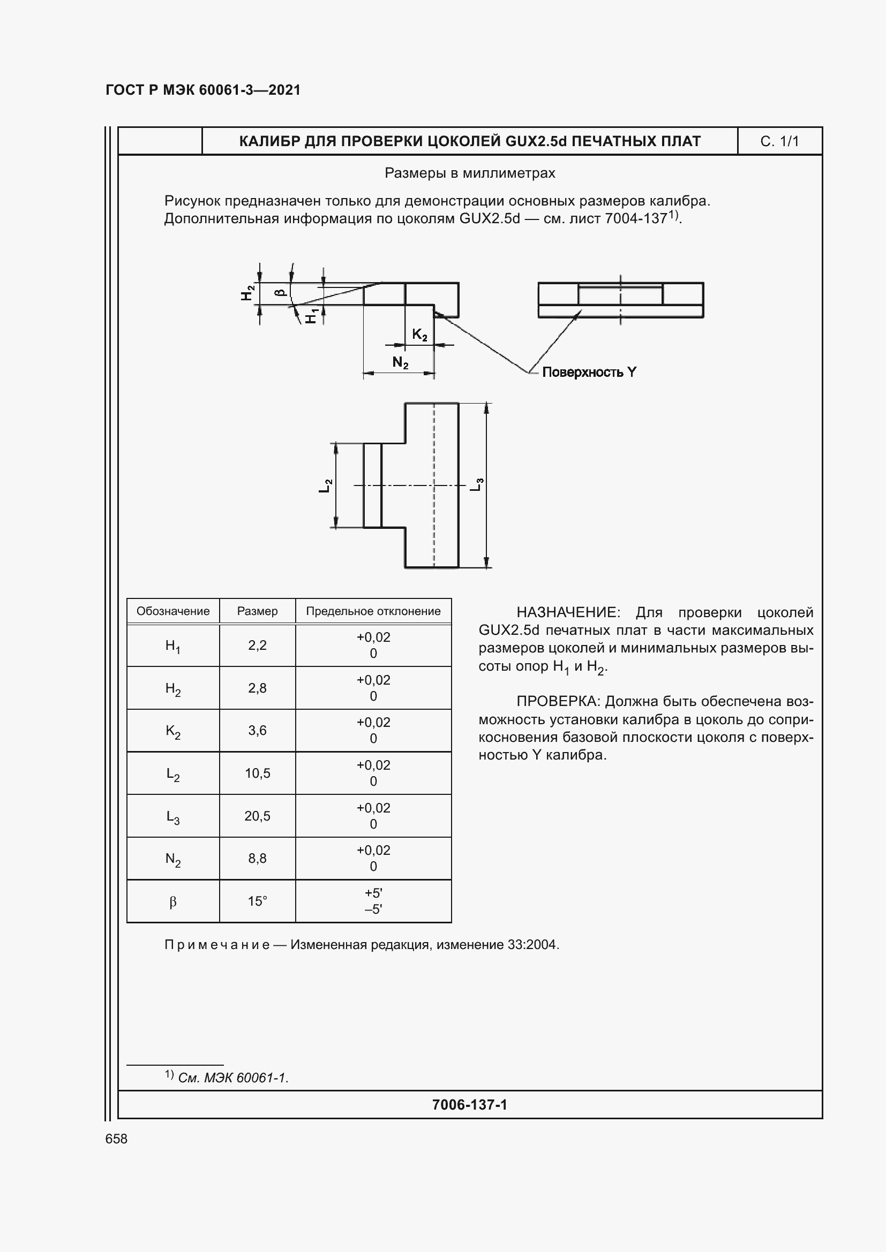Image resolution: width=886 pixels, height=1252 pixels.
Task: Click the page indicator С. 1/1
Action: pos(779,142)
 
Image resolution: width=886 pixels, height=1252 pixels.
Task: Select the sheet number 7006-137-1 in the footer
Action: pos(469,1105)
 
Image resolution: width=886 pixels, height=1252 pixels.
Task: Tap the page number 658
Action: pos(116,1139)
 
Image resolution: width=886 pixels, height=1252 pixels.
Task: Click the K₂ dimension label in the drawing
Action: pos(419,335)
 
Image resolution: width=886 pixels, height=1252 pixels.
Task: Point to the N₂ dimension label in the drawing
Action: pos(400,362)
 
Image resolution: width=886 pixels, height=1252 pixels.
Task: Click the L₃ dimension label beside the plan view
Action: pos(477,484)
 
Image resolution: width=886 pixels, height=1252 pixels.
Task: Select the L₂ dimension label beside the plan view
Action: pos(325,485)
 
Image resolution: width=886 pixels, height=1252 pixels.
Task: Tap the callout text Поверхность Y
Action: pos(589,373)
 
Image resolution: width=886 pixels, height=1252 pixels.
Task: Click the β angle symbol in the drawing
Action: pos(280,292)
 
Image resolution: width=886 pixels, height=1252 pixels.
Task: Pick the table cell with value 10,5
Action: pos(257,773)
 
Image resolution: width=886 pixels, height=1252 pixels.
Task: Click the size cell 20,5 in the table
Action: pos(257,816)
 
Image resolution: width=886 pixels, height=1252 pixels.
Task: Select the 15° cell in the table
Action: pos(257,901)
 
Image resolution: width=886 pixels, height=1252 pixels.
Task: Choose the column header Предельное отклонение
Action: pos(373,611)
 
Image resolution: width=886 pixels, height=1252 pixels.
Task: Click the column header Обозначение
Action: pos(173,611)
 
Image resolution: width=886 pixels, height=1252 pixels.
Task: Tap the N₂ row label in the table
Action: pos(173,859)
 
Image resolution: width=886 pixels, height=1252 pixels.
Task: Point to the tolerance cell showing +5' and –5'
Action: pos(373,901)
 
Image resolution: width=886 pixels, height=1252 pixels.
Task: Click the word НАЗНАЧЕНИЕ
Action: pos(567,612)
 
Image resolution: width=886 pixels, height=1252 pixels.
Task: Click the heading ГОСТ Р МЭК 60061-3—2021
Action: pos(203,90)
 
